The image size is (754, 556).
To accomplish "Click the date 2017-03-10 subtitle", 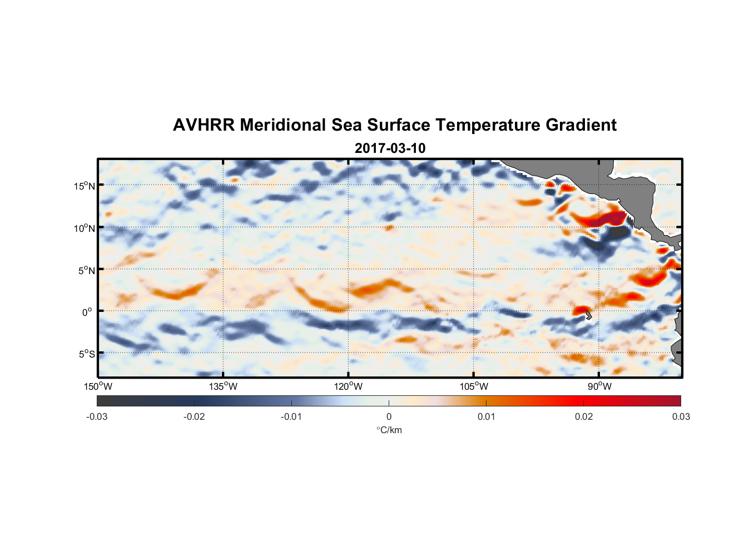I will click(390, 148).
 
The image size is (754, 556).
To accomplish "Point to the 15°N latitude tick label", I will click(85, 186).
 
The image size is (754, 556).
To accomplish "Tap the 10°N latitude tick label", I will click(85, 228).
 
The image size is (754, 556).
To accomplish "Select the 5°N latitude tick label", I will click(86, 270).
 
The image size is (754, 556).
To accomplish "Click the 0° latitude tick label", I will click(87, 312).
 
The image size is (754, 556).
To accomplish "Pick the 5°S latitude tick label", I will click(86, 354).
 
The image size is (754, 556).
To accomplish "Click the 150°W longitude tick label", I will click(98, 386).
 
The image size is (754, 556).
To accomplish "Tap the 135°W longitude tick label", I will click(224, 386).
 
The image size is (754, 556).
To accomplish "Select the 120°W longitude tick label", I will click(349, 386).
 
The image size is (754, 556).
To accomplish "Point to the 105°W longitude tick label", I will click(474, 386).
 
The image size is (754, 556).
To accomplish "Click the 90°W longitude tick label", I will click(599, 386).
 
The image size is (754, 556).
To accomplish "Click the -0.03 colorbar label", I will click(97, 416).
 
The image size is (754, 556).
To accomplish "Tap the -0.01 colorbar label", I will click(291, 416).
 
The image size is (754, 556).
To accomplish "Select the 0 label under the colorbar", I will click(389, 416).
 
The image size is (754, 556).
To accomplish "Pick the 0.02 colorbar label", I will click(584, 416).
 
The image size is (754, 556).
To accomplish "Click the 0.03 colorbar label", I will click(681, 416).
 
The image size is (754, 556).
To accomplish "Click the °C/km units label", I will click(389, 430).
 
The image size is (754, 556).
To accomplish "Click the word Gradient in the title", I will click(581, 125).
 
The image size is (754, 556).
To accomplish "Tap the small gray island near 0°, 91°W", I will click(588, 315).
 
